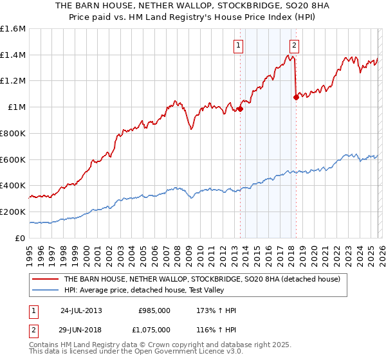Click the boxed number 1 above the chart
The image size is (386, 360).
(239, 45)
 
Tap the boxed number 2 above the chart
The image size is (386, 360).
(294, 45)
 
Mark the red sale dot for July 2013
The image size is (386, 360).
(240, 109)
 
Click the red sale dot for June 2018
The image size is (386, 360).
(296, 98)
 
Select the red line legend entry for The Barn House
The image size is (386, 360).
(206, 279)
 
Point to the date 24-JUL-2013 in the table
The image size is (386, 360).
(81, 310)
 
